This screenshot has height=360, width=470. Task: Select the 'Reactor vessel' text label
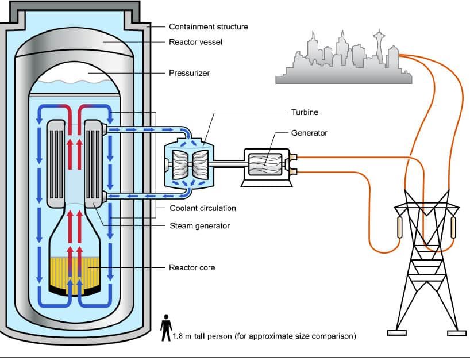[195, 42]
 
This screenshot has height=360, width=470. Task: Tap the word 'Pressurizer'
[189, 73]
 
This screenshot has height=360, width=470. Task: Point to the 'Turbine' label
[304, 113]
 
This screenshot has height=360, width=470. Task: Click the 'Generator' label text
[309, 133]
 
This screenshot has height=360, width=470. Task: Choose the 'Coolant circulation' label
[203, 208]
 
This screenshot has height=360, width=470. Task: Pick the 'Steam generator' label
[199, 225]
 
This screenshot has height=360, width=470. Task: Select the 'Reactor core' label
[191, 267]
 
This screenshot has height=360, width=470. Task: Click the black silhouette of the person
[165, 327]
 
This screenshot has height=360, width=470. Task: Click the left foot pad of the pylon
[396, 332]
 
